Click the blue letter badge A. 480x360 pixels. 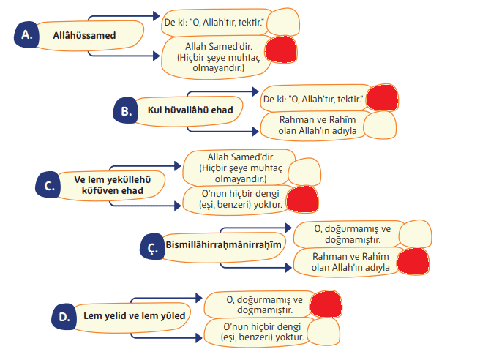(27, 34)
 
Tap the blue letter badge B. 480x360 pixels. (127, 110)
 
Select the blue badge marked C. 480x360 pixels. (49, 185)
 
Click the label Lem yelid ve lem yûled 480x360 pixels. (132, 315)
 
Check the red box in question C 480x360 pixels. (301, 199)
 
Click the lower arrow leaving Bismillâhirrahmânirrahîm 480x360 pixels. (286, 268)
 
